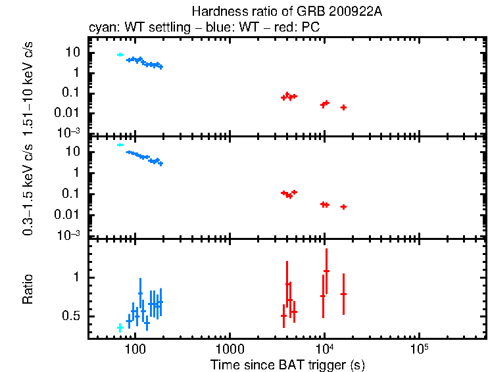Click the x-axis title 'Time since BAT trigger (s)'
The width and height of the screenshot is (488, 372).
coord(287,364)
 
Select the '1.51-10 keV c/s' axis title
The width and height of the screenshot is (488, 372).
coord(28,84)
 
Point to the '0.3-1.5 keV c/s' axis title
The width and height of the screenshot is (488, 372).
coord(28,188)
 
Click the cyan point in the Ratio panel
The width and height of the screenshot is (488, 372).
coord(120,327)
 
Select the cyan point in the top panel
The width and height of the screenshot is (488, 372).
coord(120,55)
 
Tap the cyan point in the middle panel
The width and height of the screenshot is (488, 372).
coord(120,145)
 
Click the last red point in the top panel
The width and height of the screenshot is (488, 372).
coord(343,107)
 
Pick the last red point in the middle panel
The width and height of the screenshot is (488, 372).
coord(343,207)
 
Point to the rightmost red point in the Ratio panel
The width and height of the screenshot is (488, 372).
coord(343,294)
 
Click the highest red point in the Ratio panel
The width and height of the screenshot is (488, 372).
coord(326,271)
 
